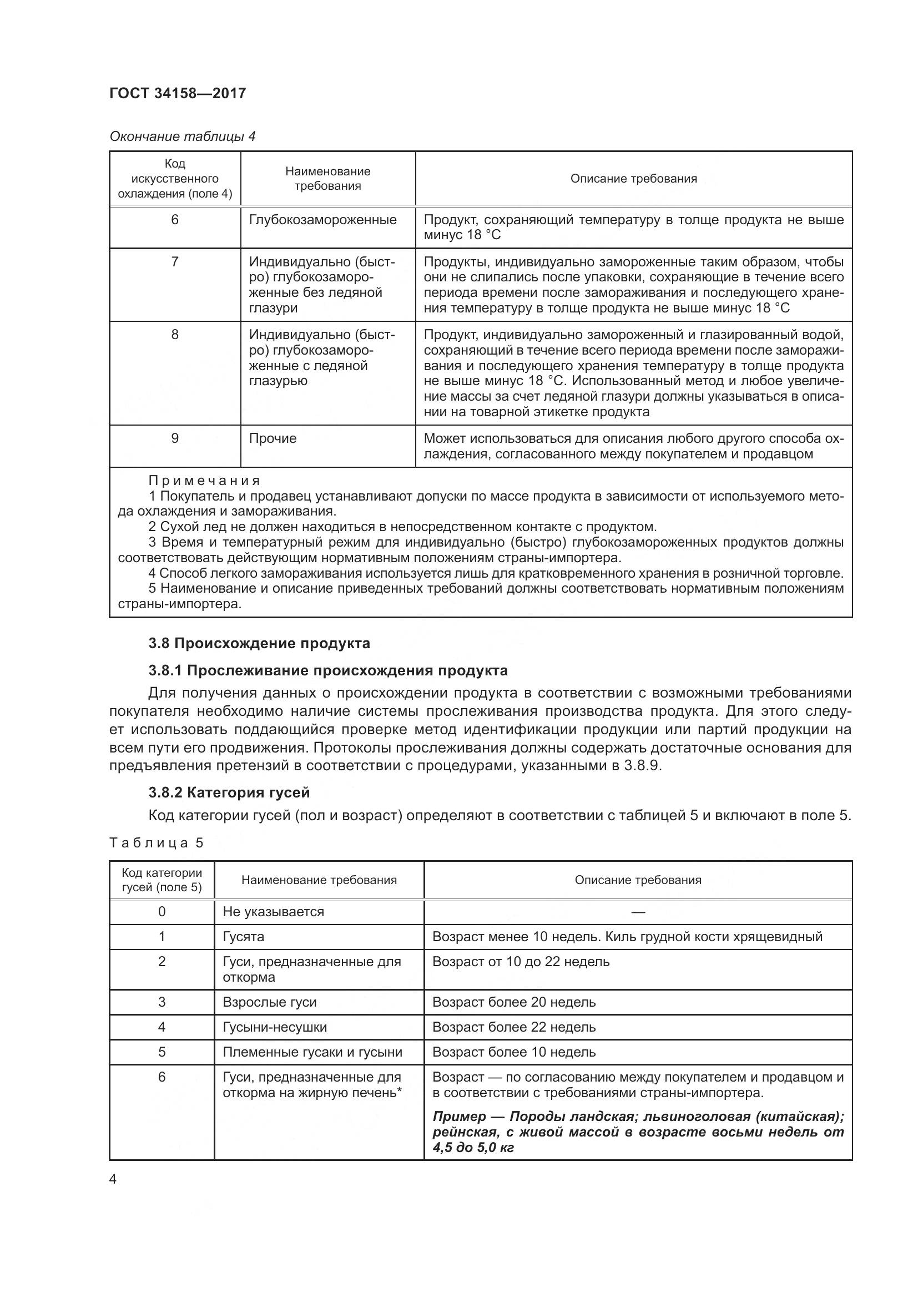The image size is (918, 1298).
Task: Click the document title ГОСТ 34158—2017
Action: tap(178, 93)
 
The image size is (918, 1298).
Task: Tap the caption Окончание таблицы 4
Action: tap(182, 137)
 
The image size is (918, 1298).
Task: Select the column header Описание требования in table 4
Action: tap(633, 179)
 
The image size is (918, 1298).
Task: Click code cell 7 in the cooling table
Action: tap(175, 262)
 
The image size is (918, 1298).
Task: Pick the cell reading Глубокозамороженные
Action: tap(323, 220)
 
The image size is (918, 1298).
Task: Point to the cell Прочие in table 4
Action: tap(273, 439)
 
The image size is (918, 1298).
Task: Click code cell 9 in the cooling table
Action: tap(175, 439)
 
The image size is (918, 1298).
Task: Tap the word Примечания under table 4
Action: tap(204, 481)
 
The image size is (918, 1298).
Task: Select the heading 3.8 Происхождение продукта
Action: tap(259, 643)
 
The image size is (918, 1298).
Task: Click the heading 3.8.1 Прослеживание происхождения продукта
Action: tap(328, 670)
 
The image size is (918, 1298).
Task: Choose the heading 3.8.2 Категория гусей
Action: tap(229, 792)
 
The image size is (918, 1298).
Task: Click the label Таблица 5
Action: tap(156, 843)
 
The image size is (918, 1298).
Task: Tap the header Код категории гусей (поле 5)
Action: tap(162, 880)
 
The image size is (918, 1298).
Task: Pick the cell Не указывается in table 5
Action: tap(273, 912)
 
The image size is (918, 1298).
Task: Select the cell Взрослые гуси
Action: tap(269, 1002)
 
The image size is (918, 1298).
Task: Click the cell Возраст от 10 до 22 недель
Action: tap(521, 962)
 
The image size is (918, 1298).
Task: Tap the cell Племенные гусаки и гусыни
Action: tap(312, 1052)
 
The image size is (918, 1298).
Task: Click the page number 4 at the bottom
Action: tap(113, 1179)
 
